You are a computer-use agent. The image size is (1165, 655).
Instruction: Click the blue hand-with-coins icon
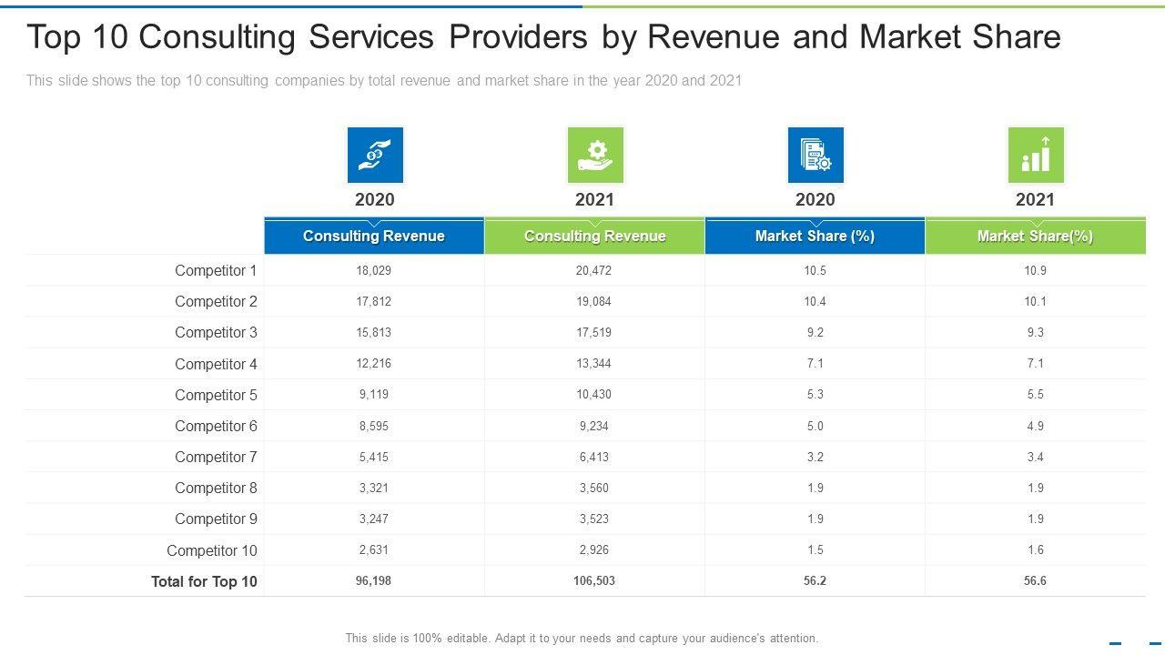375,155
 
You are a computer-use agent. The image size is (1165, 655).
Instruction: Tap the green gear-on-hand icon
595,155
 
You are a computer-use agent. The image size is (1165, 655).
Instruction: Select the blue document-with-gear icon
815,155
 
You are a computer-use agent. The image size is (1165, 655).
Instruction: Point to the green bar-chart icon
1036,155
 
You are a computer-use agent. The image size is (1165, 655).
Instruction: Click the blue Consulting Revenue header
374,237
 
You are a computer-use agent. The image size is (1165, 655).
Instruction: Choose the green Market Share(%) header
1035,237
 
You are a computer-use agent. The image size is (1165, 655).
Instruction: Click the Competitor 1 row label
216,270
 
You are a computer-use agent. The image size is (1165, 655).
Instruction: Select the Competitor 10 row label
212,550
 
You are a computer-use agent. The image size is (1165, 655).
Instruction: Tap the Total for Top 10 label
204,581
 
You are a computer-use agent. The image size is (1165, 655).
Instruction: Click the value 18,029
374,270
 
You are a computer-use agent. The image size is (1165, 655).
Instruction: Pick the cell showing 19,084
594,301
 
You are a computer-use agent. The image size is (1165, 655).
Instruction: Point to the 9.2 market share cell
815,332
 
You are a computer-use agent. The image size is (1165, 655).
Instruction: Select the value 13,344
594,363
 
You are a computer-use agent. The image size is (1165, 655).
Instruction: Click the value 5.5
1035,394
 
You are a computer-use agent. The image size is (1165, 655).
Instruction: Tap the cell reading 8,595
374,426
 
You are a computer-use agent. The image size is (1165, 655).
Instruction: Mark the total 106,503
594,580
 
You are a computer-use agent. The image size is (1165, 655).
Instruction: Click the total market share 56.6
1035,580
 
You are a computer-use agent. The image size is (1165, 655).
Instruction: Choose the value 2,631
374,549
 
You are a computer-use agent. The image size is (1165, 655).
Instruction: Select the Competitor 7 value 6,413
594,457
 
